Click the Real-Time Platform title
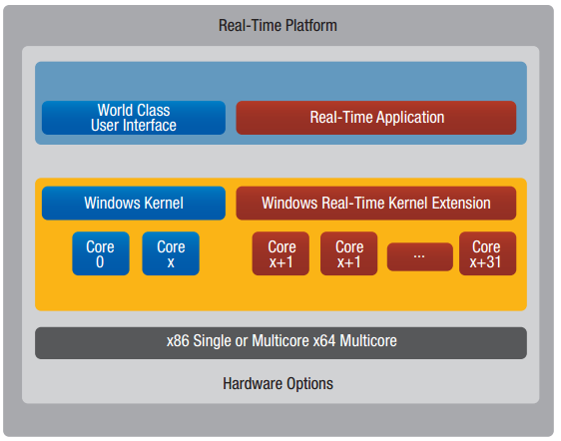tap(278, 25)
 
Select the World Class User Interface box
tap(134, 118)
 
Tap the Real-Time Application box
tap(376, 118)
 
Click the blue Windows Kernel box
tap(134, 203)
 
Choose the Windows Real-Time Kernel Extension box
tap(376, 203)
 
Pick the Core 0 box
tap(101, 253)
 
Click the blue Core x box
tap(171, 253)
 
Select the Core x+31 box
tap(488, 253)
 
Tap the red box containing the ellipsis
tap(420, 256)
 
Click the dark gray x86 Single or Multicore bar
tap(280, 343)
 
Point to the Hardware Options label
tap(278, 384)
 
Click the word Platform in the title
tap(311, 25)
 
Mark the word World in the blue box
tap(113, 110)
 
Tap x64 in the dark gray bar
tap(324, 340)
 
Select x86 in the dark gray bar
tap(178, 340)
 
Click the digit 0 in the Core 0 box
tap(100, 261)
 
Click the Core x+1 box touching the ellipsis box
tap(348, 253)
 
